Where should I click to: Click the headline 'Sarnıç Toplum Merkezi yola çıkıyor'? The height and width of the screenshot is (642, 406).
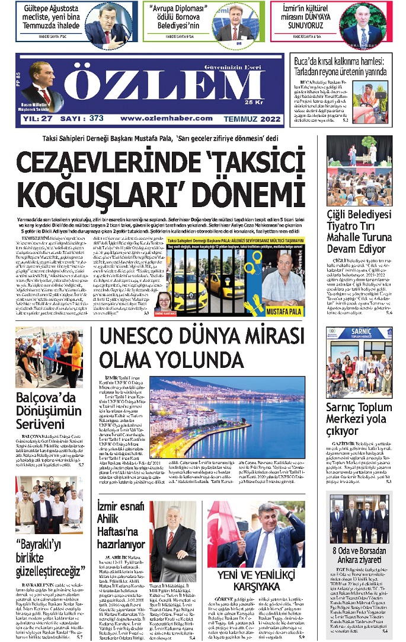(x=359, y=419)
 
